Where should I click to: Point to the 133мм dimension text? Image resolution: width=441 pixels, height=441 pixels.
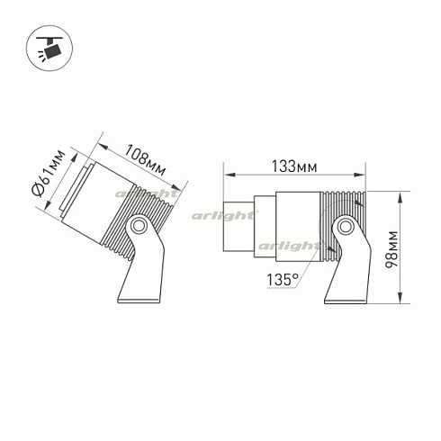click(294, 166)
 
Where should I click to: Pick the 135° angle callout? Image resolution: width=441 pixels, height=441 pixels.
click(282, 280)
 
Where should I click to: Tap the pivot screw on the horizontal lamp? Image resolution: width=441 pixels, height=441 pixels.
click(344, 227)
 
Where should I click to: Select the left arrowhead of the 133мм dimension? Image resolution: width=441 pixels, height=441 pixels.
click(227, 175)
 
